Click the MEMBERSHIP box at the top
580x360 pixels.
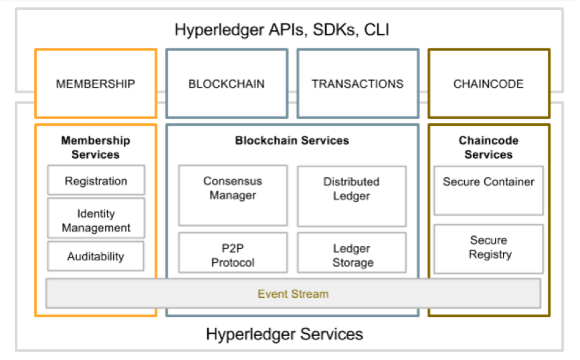click(x=96, y=84)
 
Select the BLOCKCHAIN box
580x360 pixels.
click(x=227, y=84)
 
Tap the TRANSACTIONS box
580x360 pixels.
click(x=358, y=84)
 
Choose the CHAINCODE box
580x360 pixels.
click(x=488, y=84)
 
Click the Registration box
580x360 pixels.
click(x=96, y=181)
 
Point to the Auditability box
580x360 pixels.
click(x=96, y=256)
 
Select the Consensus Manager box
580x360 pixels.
click(x=233, y=195)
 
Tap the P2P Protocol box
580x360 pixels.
click(x=233, y=255)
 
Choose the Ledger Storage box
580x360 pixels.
click(x=351, y=255)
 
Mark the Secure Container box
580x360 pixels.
click(x=488, y=191)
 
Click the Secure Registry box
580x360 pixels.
click(x=488, y=248)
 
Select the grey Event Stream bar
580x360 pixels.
click(x=293, y=294)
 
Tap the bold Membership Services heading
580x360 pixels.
click(x=96, y=147)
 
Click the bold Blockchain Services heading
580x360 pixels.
click(x=292, y=141)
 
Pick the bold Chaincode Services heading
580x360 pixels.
click(x=488, y=147)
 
